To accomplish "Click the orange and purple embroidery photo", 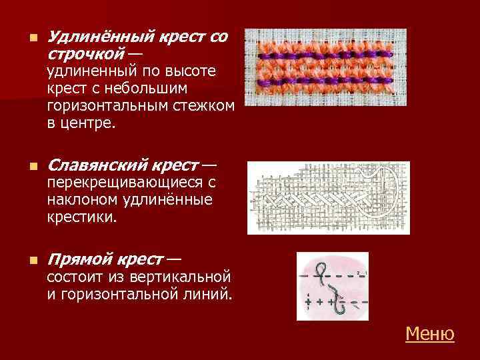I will (325, 67).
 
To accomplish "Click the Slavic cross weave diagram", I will (328, 197).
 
